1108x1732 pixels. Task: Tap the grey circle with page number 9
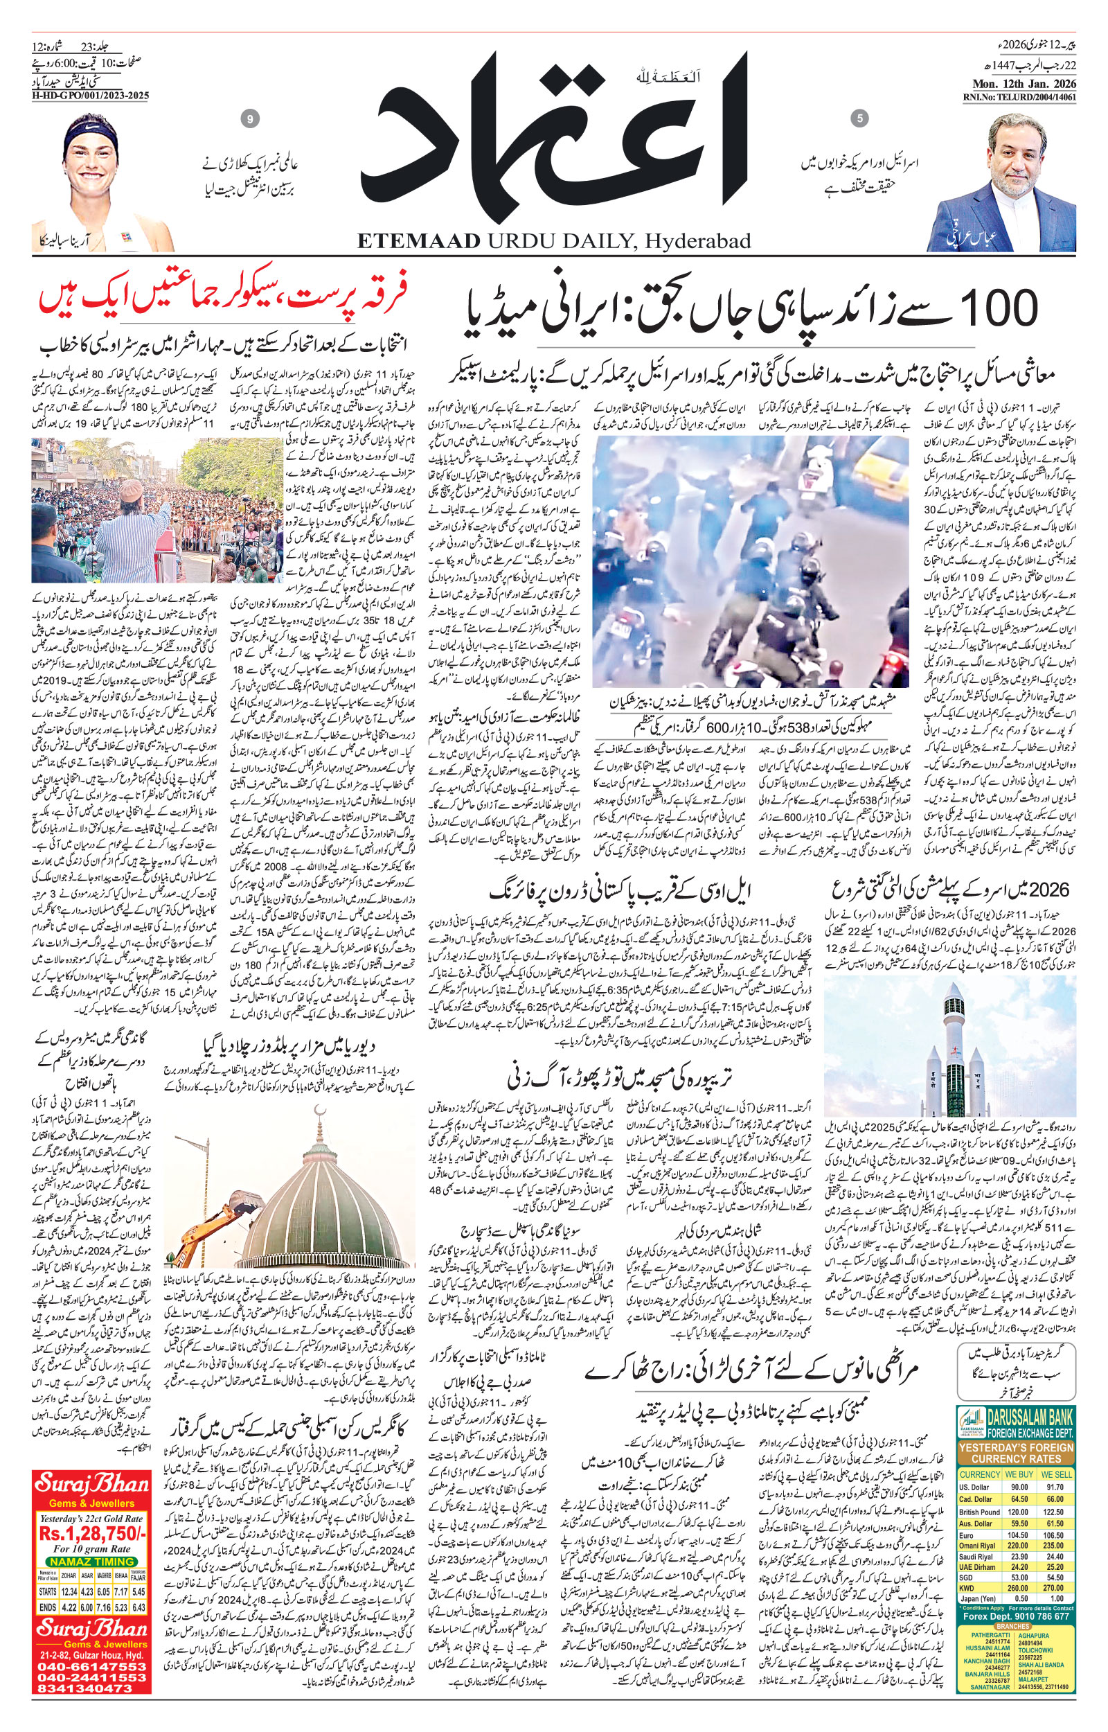tap(250, 119)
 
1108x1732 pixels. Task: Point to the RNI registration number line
tap(1020, 97)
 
